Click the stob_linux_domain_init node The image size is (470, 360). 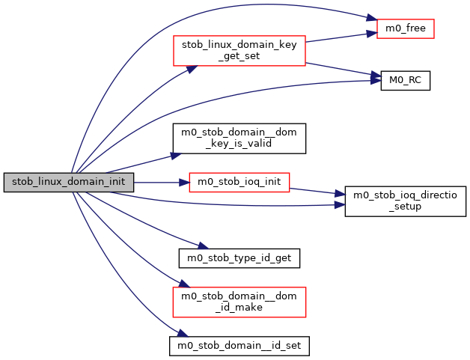tap(69, 182)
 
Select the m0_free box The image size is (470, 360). tap(405, 29)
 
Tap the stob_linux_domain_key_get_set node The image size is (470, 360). tap(238, 50)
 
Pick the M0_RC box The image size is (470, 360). tap(405, 80)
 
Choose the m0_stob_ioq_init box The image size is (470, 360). tap(239, 182)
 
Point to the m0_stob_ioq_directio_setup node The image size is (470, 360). tap(405, 201)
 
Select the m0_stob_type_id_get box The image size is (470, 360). tap(239, 258)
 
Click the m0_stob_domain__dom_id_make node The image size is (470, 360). tap(239, 302)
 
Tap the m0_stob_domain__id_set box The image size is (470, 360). tap(239, 346)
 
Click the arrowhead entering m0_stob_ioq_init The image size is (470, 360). tap(184, 182)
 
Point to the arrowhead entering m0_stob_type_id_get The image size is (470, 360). tap(202, 247)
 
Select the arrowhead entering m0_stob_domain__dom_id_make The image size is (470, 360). tap(179, 285)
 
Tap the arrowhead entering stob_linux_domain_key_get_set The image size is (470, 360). tap(192, 68)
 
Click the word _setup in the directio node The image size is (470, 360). tap(406, 207)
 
